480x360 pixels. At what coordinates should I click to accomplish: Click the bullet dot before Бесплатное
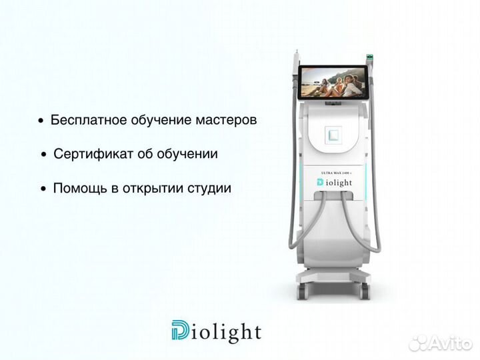coord(41,122)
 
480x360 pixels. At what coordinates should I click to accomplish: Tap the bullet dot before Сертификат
coord(44,155)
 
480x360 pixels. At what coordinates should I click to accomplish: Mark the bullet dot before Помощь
coord(44,190)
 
